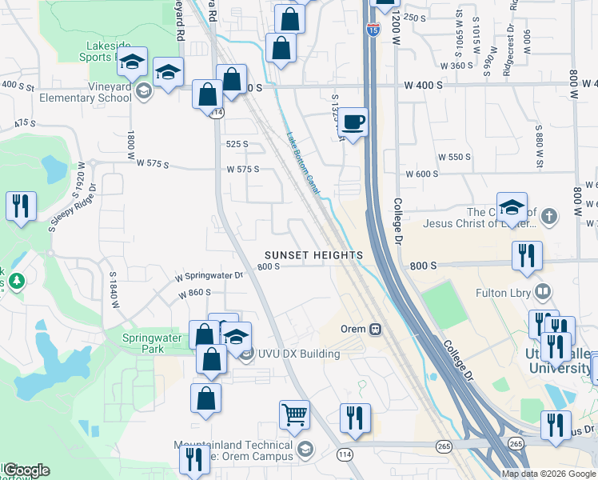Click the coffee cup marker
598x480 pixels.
tap(353, 122)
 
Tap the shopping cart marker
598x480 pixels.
tap(294, 415)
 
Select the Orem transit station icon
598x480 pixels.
tap(374, 328)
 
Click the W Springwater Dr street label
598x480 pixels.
tap(209, 276)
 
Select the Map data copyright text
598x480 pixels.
tap(548, 474)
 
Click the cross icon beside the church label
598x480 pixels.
tap(548, 216)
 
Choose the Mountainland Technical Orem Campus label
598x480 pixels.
tap(232, 451)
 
